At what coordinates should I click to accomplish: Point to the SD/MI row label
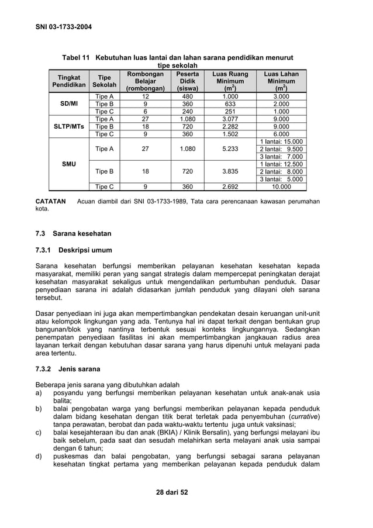(x=69, y=103)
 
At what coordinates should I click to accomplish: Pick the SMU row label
(x=69, y=164)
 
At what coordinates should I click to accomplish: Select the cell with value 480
(x=187, y=96)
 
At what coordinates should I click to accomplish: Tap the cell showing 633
(x=230, y=104)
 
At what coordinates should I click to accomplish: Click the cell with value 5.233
(x=230, y=149)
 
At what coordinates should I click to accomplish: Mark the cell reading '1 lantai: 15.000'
(x=281, y=142)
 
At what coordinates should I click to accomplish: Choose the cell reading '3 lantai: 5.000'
(x=281, y=179)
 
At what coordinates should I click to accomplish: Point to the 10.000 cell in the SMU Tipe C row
(x=281, y=187)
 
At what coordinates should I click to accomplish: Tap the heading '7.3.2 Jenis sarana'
(x=68, y=369)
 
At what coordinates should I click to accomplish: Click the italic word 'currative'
(x=302, y=416)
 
